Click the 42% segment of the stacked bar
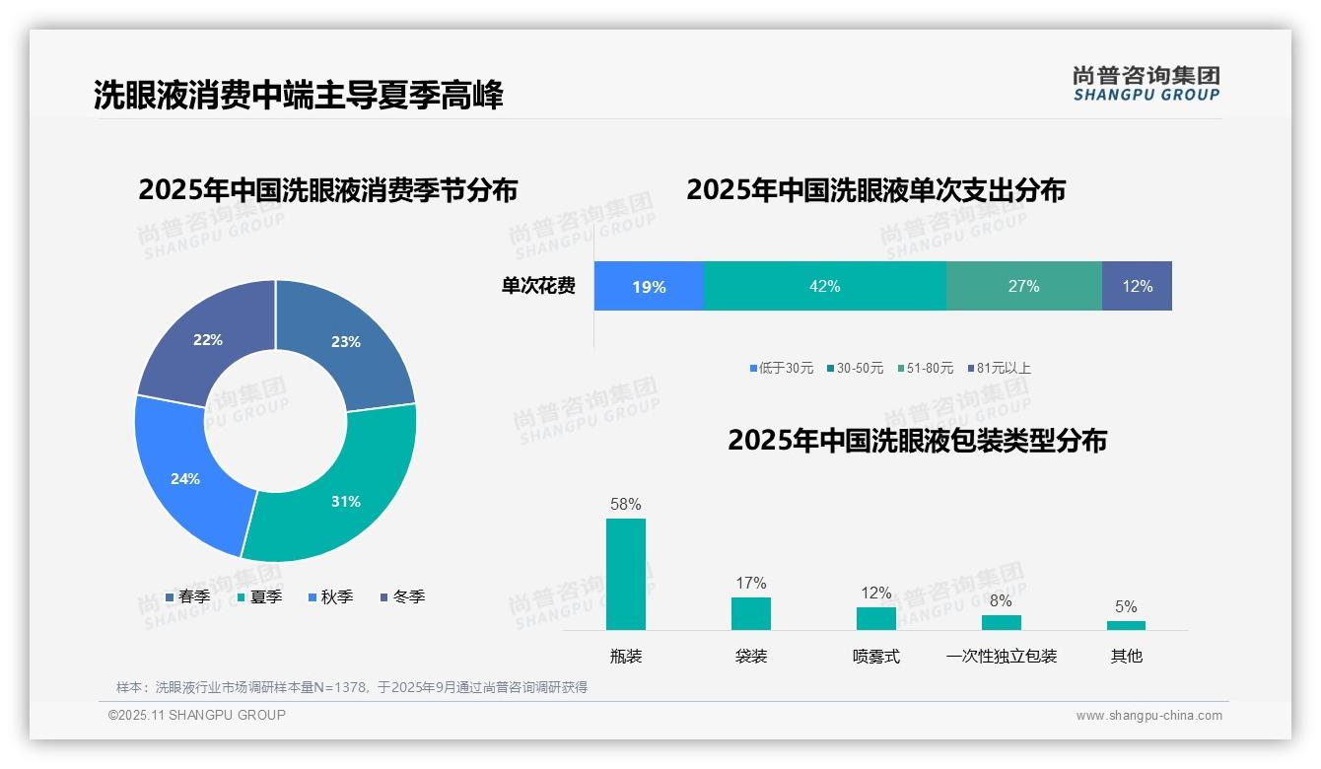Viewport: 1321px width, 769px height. (x=824, y=286)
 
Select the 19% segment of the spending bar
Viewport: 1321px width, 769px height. (x=649, y=286)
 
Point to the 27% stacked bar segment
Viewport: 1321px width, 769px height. (x=1023, y=286)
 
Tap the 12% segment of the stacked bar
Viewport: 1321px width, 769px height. (x=1137, y=286)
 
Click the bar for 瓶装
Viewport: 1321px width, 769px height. (x=625, y=574)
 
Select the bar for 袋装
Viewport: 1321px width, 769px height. (x=750, y=613)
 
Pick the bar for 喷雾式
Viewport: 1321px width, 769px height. (x=875, y=618)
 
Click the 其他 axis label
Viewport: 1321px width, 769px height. (x=1126, y=656)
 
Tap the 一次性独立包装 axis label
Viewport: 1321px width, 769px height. (x=1001, y=656)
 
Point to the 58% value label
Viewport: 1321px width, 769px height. (x=625, y=504)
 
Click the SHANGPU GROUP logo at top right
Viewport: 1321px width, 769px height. (x=1147, y=84)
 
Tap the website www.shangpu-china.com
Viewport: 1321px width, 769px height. (x=1148, y=716)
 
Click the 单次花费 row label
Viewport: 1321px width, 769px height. (x=538, y=286)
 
